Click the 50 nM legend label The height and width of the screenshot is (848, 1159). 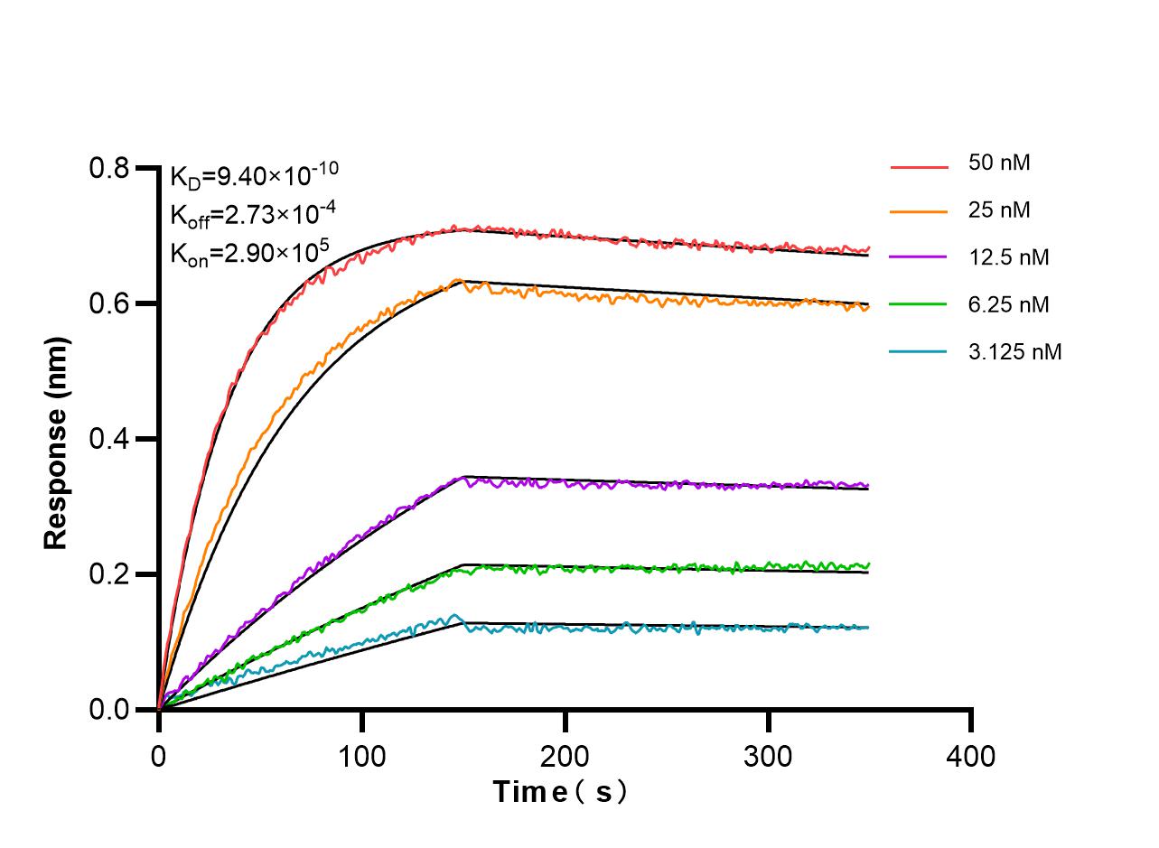pos(999,163)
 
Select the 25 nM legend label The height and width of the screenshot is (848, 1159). pos(999,210)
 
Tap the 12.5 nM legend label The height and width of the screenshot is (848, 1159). pos(1008,257)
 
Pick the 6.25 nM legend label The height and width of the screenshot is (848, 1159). pos(1008,304)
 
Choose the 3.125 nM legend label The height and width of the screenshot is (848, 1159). pos(1014,351)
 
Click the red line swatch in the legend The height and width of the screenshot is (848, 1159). pos(919,167)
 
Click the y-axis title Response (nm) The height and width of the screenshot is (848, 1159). pos(57,443)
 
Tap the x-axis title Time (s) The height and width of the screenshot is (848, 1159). pos(560,792)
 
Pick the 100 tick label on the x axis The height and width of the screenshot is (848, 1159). pos(362,755)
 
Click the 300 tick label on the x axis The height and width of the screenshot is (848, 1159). pos(768,755)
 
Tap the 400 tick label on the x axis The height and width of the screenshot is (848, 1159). pos(971,755)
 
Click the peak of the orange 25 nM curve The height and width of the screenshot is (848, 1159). pos(458,281)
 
